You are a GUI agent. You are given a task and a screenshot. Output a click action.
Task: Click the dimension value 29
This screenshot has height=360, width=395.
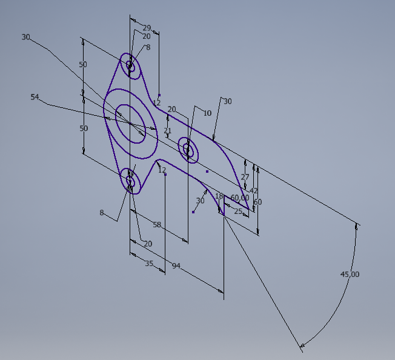point(147,28)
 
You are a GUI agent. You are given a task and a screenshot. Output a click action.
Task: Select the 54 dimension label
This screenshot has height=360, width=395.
point(35,97)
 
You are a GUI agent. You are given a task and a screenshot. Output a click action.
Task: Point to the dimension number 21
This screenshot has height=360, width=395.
point(168,130)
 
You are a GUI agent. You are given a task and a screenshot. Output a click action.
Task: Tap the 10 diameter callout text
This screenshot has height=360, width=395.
point(207,113)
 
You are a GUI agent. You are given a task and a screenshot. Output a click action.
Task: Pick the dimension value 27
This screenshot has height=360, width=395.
point(245,177)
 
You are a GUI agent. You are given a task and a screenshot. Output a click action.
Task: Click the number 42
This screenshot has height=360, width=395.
point(254,191)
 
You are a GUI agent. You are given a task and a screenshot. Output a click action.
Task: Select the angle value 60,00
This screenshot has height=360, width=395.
point(240,198)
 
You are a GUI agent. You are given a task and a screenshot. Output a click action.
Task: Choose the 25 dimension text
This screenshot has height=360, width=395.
point(238,211)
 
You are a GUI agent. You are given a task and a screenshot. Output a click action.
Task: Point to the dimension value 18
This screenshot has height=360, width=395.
point(219,196)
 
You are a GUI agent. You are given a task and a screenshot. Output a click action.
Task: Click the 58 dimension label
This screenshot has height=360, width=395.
point(157,224)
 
